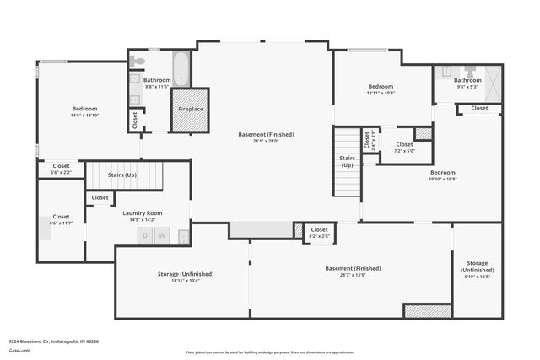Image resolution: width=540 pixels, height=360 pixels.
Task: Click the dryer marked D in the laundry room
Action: pos(145,235)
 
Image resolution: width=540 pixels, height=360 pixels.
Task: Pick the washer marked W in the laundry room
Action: pos(163,235)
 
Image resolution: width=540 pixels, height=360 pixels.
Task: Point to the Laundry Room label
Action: pos(142,213)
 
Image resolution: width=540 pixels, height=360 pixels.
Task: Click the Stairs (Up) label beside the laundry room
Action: pos(122,175)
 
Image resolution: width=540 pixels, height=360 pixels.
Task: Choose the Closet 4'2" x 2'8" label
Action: pos(319,233)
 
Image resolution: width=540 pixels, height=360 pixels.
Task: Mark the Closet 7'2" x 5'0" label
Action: pos(404,148)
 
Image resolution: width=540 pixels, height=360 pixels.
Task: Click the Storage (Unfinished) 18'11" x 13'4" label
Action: pos(186,277)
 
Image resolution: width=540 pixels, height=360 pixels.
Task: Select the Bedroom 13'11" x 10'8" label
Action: pos(381,89)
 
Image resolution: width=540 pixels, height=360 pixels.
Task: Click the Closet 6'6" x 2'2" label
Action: pos(62,169)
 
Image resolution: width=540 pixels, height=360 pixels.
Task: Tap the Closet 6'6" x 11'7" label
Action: pos(62,219)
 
